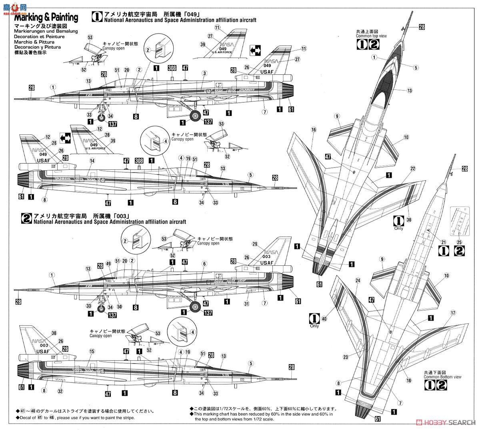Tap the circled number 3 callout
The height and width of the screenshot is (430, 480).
[204, 73]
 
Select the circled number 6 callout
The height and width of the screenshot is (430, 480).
[204, 264]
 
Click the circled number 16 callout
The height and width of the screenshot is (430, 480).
[313, 129]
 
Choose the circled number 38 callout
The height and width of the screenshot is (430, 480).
[408, 219]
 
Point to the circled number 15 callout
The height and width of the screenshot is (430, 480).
[92, 352]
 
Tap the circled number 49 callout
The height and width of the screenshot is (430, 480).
[108, 263]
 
